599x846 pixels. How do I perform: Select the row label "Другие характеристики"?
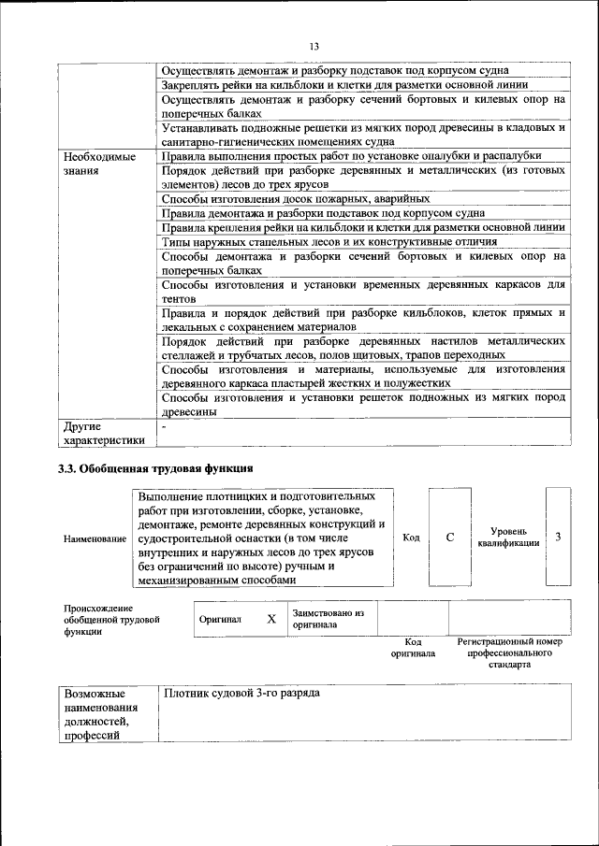104,434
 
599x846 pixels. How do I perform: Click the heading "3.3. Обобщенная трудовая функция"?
154,468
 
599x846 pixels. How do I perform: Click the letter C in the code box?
449,538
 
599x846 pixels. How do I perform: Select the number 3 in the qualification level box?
558,537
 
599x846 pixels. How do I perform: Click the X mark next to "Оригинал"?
271,619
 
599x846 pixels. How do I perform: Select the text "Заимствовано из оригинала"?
327,619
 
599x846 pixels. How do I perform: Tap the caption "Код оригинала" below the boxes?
413,648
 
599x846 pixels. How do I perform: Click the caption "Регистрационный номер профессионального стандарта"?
509,653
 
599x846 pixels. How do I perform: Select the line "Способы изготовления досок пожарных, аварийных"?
296,199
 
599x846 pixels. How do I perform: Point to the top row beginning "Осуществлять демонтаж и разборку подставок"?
335,70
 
